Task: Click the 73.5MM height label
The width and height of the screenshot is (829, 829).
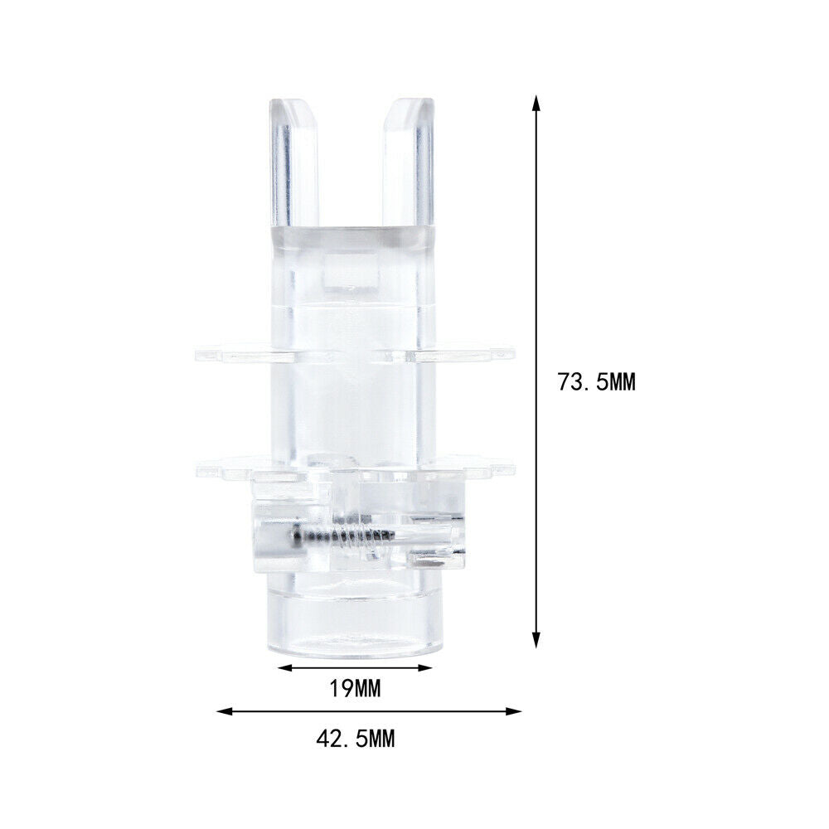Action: [596, 381]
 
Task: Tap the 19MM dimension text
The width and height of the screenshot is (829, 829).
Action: [356, 689]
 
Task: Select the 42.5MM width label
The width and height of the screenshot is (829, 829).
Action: [356, 739]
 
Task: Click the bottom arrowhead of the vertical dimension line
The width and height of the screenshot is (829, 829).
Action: [536, 641]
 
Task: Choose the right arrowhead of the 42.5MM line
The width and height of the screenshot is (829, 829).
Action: [514, 711]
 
